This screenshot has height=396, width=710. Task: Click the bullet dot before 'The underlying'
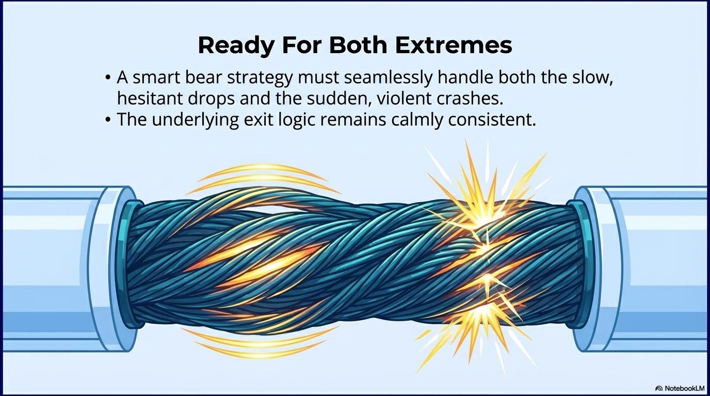pyautogui.click(x=107, y=120)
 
